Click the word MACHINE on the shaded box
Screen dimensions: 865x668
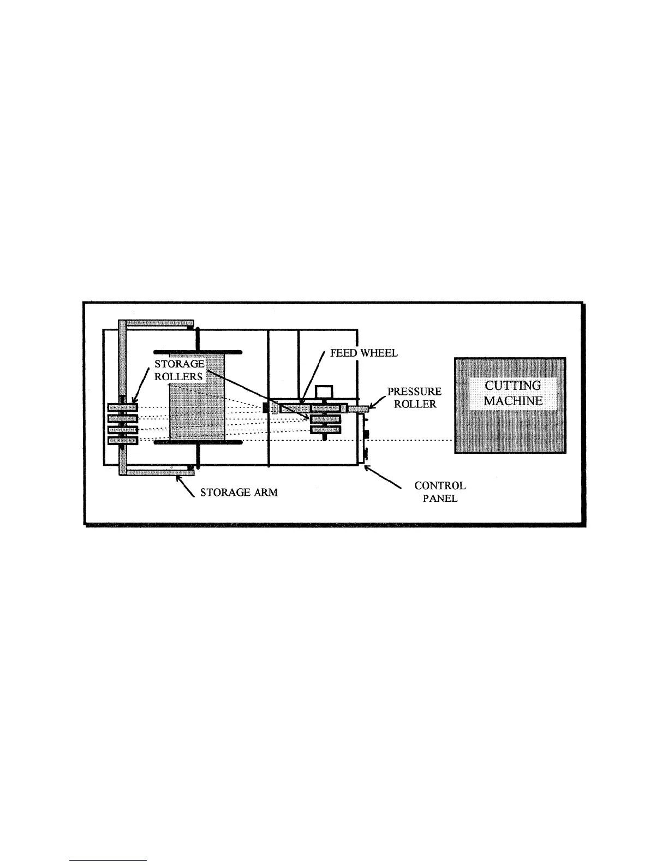pyautogui.click(x=513, y=400)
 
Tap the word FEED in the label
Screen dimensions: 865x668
pyautogui.click(x=343, y=353)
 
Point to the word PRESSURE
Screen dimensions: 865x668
pyautogui.click(x=414, y=392)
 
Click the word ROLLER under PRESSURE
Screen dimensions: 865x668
pyautogui.click(x=415, y=405)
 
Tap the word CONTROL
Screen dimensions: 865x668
pyautogui.click(x=440, y=485)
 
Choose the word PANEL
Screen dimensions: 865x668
pyautogui.click(x=440, y=498)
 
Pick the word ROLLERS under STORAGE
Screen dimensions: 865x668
pyautogui.click(x=178, y=376)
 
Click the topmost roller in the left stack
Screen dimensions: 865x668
pyautogui.click(x=123, y=407)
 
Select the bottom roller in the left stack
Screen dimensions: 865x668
pyautogui.click(x=123, y=440)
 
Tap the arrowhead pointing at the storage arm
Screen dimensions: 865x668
pyautogui.click(x=178, y=479)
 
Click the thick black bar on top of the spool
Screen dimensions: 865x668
pyautogui.click(x=198, y=352)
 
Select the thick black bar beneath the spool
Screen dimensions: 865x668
pyautogui.click(x=198, y=442)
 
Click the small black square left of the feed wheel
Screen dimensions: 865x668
pyautogui.click(x=267, y=407)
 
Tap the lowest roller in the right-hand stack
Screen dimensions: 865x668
pyautogui.click(x=325, y=430)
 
